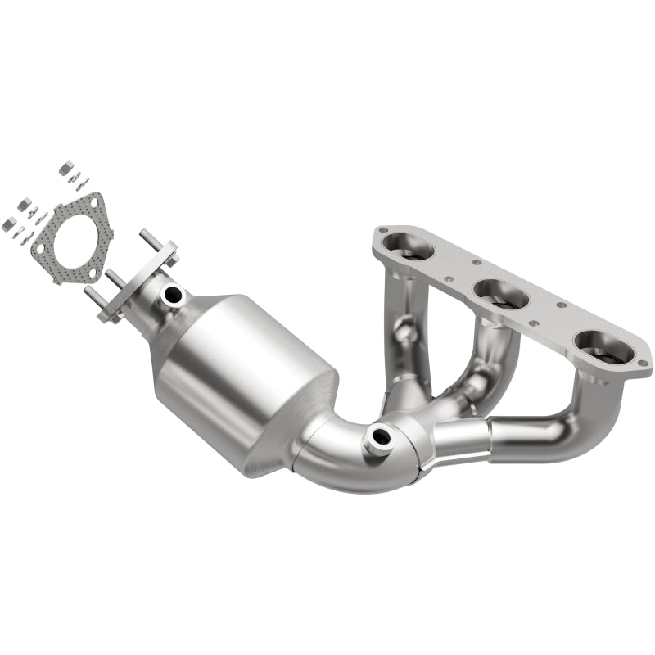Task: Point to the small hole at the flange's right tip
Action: [x=642, y=360]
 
